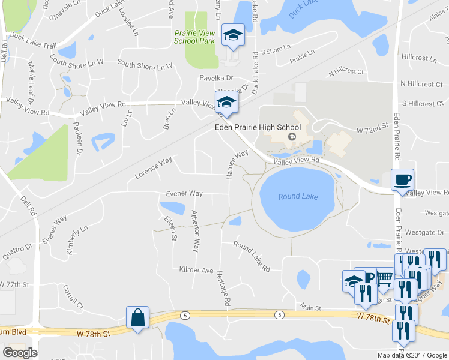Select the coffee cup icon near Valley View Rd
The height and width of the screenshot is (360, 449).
click(402, 179)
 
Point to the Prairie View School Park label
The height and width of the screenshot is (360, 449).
click(194, 37)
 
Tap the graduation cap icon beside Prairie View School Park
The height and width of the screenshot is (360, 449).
click(233, 35)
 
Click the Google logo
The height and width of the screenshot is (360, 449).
click(20, 353)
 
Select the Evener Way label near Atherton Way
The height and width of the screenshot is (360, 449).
click(184, 194)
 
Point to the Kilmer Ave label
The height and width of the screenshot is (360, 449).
click(196, 270)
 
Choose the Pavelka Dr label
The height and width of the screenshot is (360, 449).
click(216, 78)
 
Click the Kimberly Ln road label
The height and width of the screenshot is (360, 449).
click(77, 239)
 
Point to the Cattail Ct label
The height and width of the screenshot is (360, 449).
click(73, 297)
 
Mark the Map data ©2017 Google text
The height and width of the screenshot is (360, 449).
click(412, 355)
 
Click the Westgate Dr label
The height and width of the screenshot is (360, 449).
click(424, 232)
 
